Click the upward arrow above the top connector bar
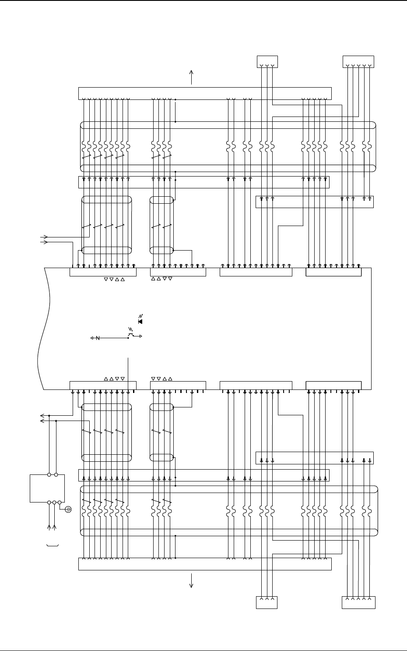point(191,76)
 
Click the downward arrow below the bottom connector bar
point(191,581)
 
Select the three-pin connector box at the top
point(267,62)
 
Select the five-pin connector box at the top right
point(358,62)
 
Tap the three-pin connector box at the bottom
point(267,602)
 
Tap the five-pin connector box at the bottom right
point(358,602)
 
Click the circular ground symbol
point(69,509)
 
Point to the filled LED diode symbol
point(140,322)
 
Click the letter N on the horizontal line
point(98,338)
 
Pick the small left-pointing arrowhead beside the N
point(92,338)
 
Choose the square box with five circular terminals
point(47,488)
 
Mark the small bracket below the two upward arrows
point(53,546)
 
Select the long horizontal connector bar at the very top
point(204,93)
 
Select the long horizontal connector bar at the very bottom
point(204,564)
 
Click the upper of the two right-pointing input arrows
point(44,237)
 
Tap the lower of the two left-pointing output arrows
point(42,421)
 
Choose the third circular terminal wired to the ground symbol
point(60,502)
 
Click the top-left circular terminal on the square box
point(49,474)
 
